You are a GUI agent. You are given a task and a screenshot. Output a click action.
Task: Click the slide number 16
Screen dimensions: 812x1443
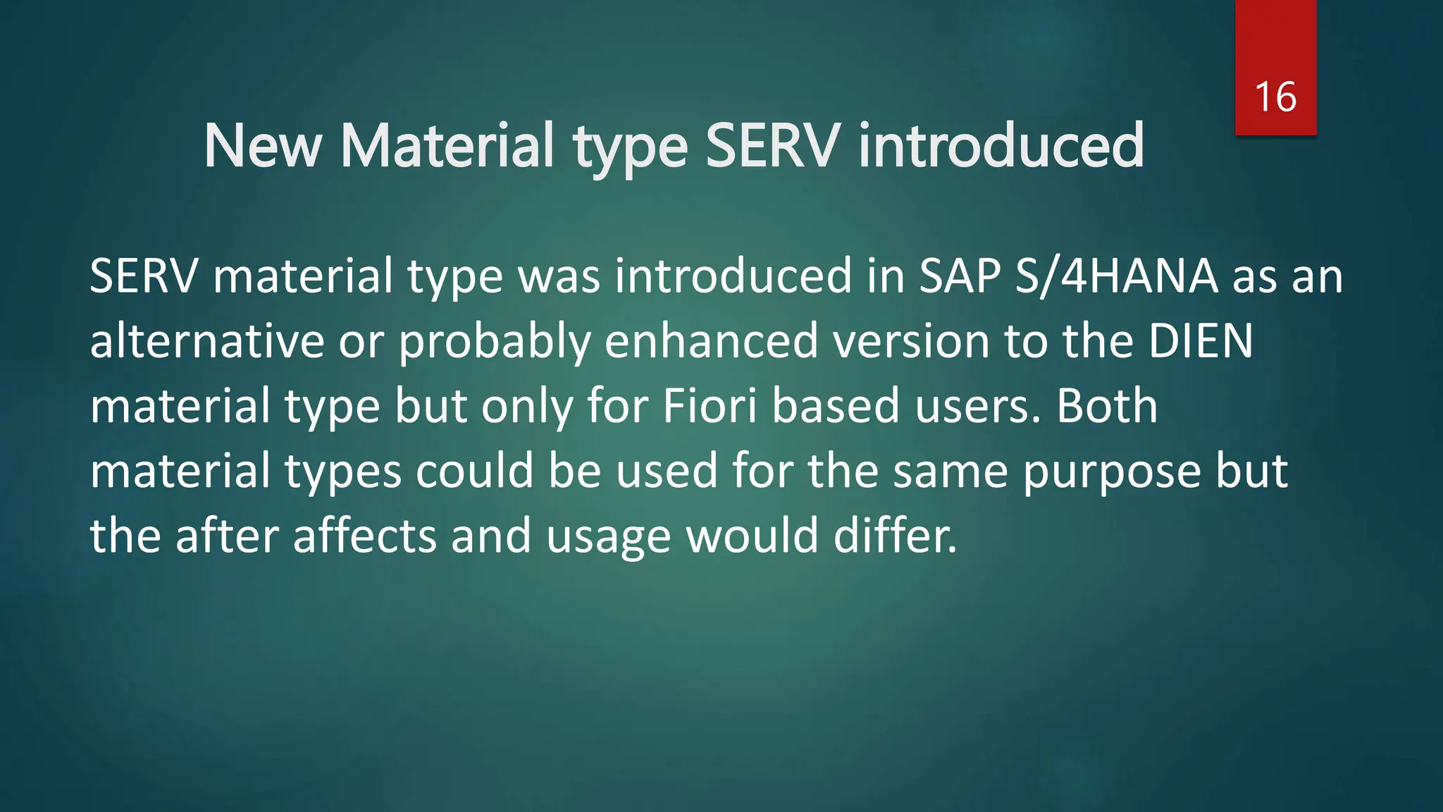coord(1275,97)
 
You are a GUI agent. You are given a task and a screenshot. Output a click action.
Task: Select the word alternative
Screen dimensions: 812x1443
coord(207,341)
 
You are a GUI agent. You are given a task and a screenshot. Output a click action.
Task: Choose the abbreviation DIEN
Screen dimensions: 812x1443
coord(1201,341)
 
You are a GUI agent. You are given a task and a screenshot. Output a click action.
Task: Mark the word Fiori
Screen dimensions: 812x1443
coord(710,406)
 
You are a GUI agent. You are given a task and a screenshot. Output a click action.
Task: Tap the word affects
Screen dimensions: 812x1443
coord(365,536)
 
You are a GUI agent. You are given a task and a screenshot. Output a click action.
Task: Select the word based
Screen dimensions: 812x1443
coord(836,406)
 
